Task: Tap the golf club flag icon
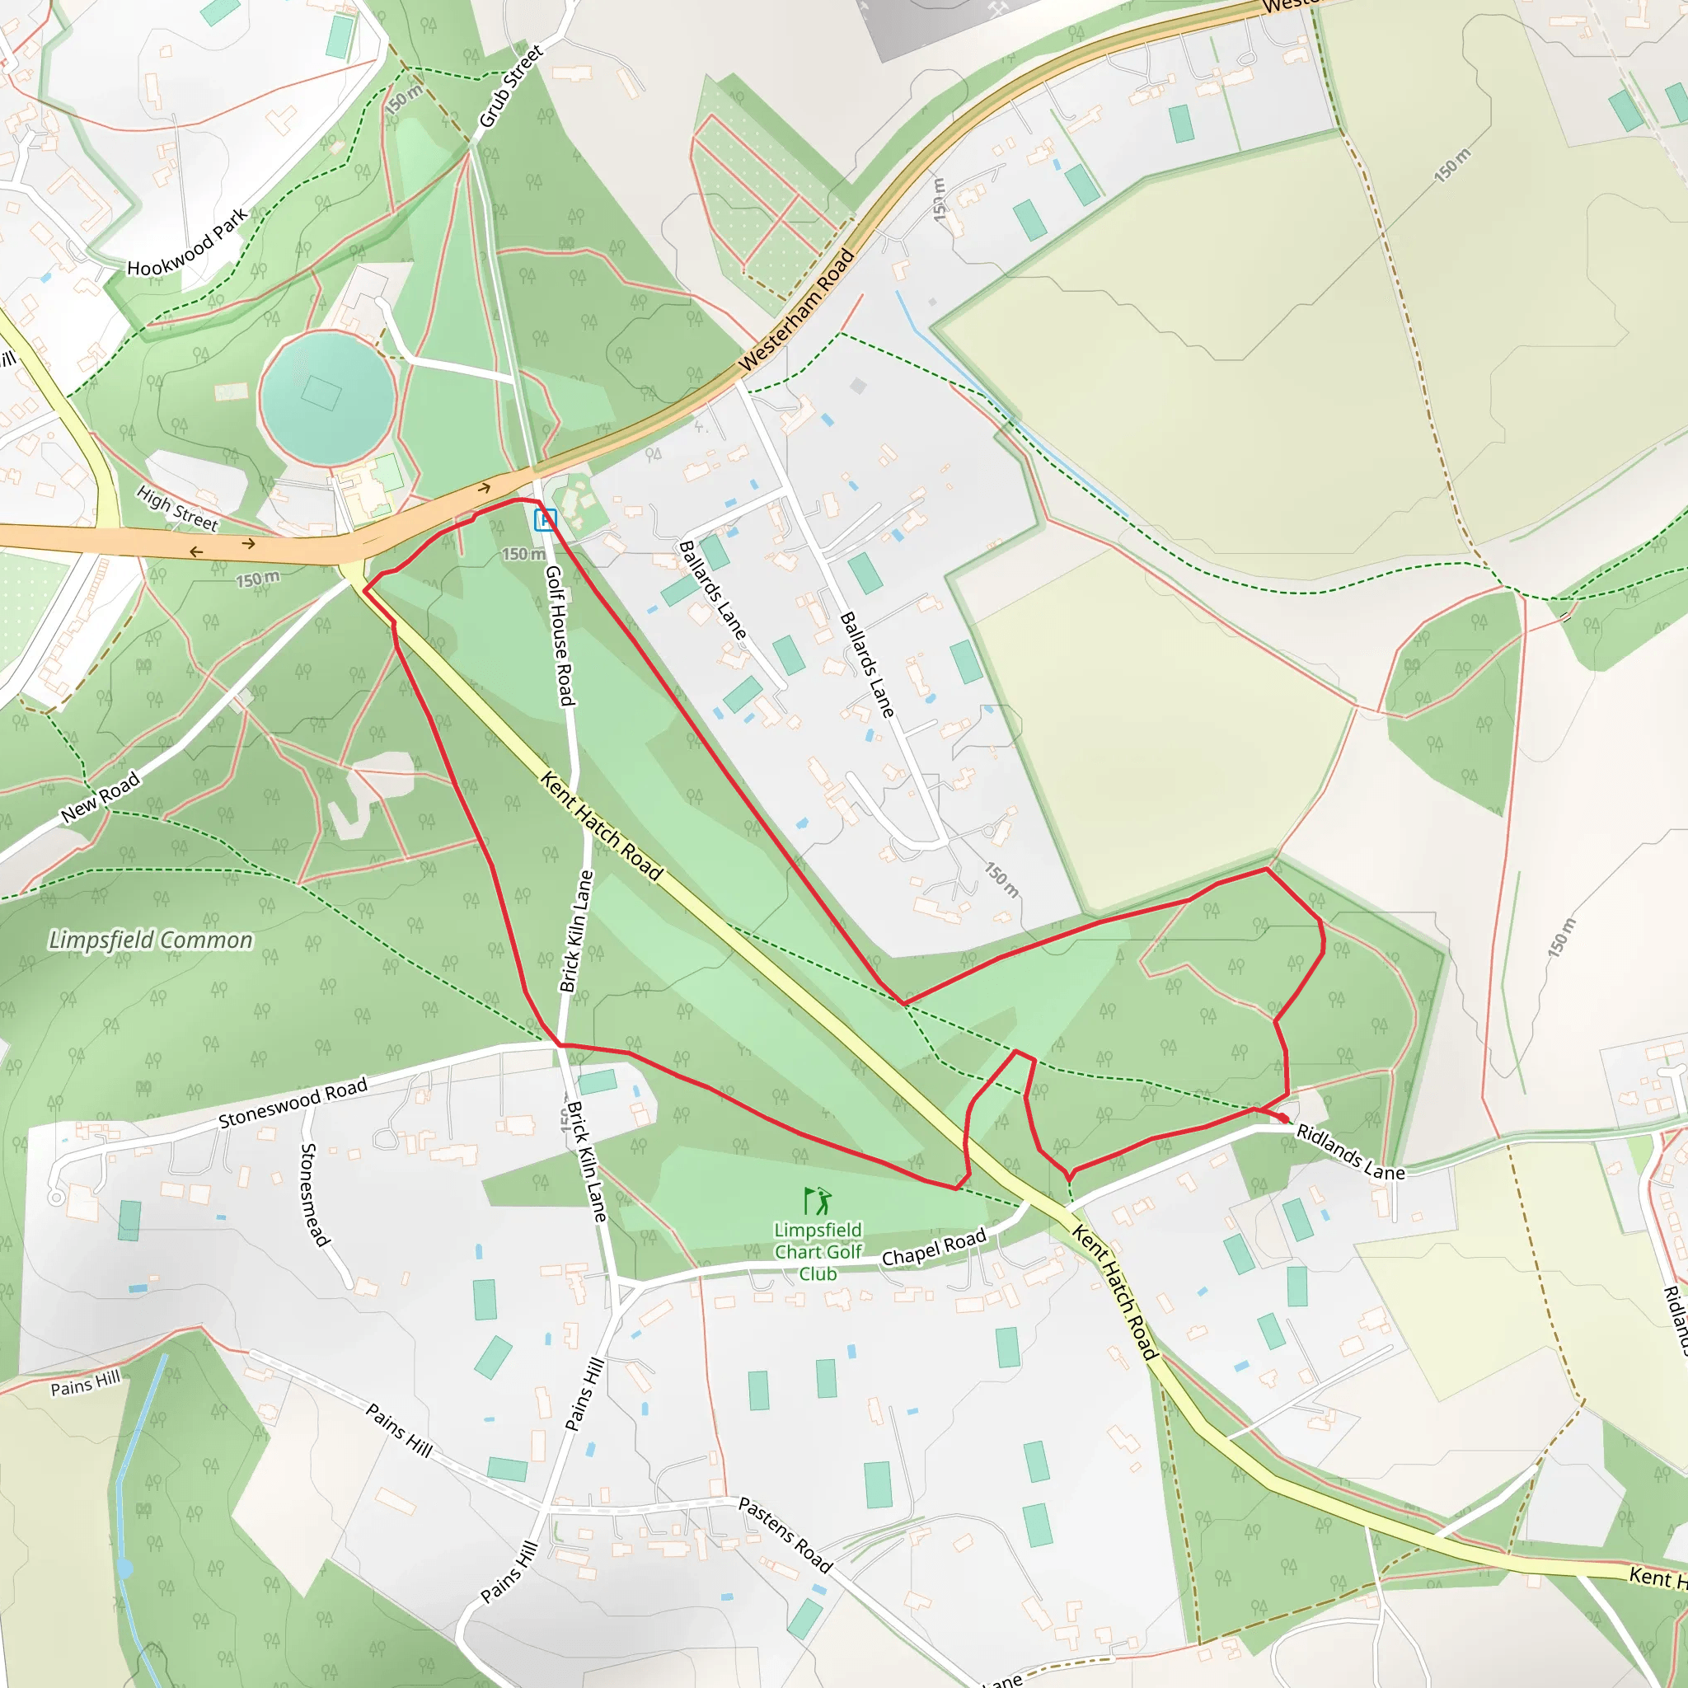click(x=817, y=1202)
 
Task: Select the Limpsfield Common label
click(x=150, y=940)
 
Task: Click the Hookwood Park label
click(x=187, y=243)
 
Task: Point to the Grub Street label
click(x=511, y=86)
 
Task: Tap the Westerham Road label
click(x=796, y=310)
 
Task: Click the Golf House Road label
click(x=559, y=635)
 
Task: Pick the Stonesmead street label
click(x=315, y=1194)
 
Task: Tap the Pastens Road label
click(x=785, y=1534)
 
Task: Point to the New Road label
click(x=101, y=796)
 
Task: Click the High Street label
click(x=177, y=509)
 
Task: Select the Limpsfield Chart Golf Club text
click(x=818, y=1252)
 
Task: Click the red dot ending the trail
click(x=1282, y=1118)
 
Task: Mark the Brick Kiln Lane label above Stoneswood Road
click(x=576, y=931)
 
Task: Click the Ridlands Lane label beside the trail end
click(x=1350, y=1152)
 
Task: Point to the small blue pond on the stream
click(x=124, y=1568)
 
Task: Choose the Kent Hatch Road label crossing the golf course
click(x=602, y=825)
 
